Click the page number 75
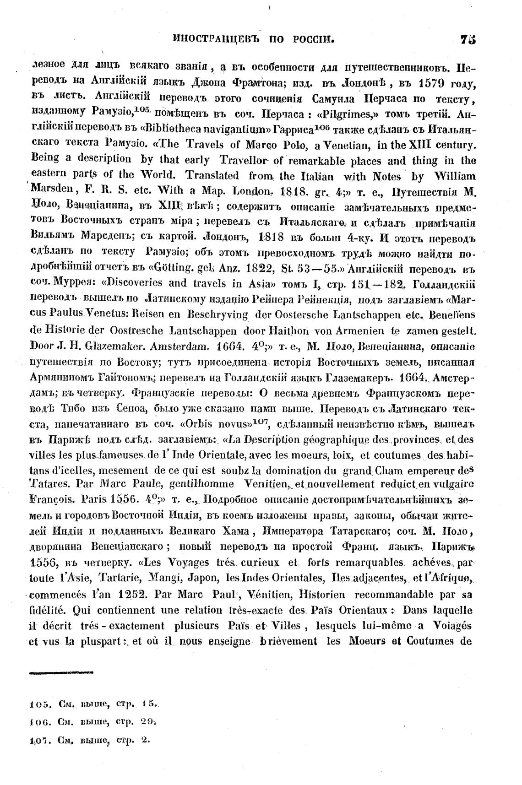(x=468, y=40)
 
